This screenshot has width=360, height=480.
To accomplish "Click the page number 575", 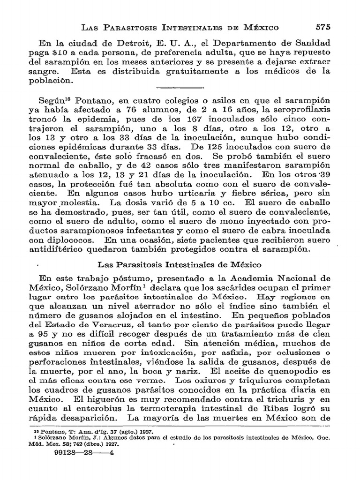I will (x=324, y=27).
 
